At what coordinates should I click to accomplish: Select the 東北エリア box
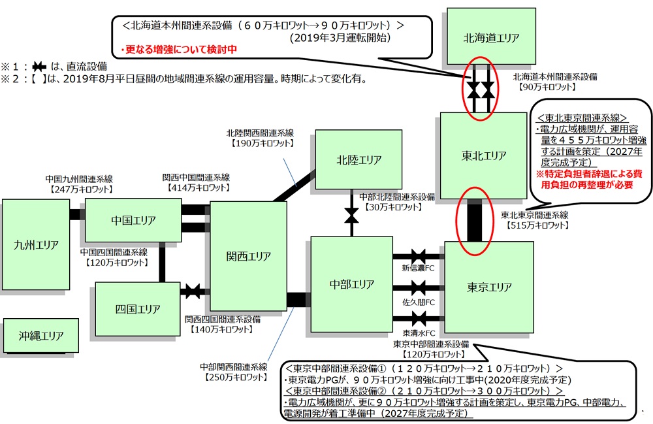tap(484, 155)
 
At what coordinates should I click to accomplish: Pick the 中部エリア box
tap(351, 284)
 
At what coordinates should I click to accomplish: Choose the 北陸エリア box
tap(358, 160)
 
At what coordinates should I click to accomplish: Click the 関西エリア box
tap(248, 256)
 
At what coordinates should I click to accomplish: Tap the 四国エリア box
tap(128, 308)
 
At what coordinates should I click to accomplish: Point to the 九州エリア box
tap(36, 245)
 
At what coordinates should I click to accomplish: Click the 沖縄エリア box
tap(41, 336)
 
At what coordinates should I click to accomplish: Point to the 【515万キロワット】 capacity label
tap(535, 225)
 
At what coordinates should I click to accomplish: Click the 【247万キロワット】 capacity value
tap(81, 189)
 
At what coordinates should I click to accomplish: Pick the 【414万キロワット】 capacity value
tap(196, 188)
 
